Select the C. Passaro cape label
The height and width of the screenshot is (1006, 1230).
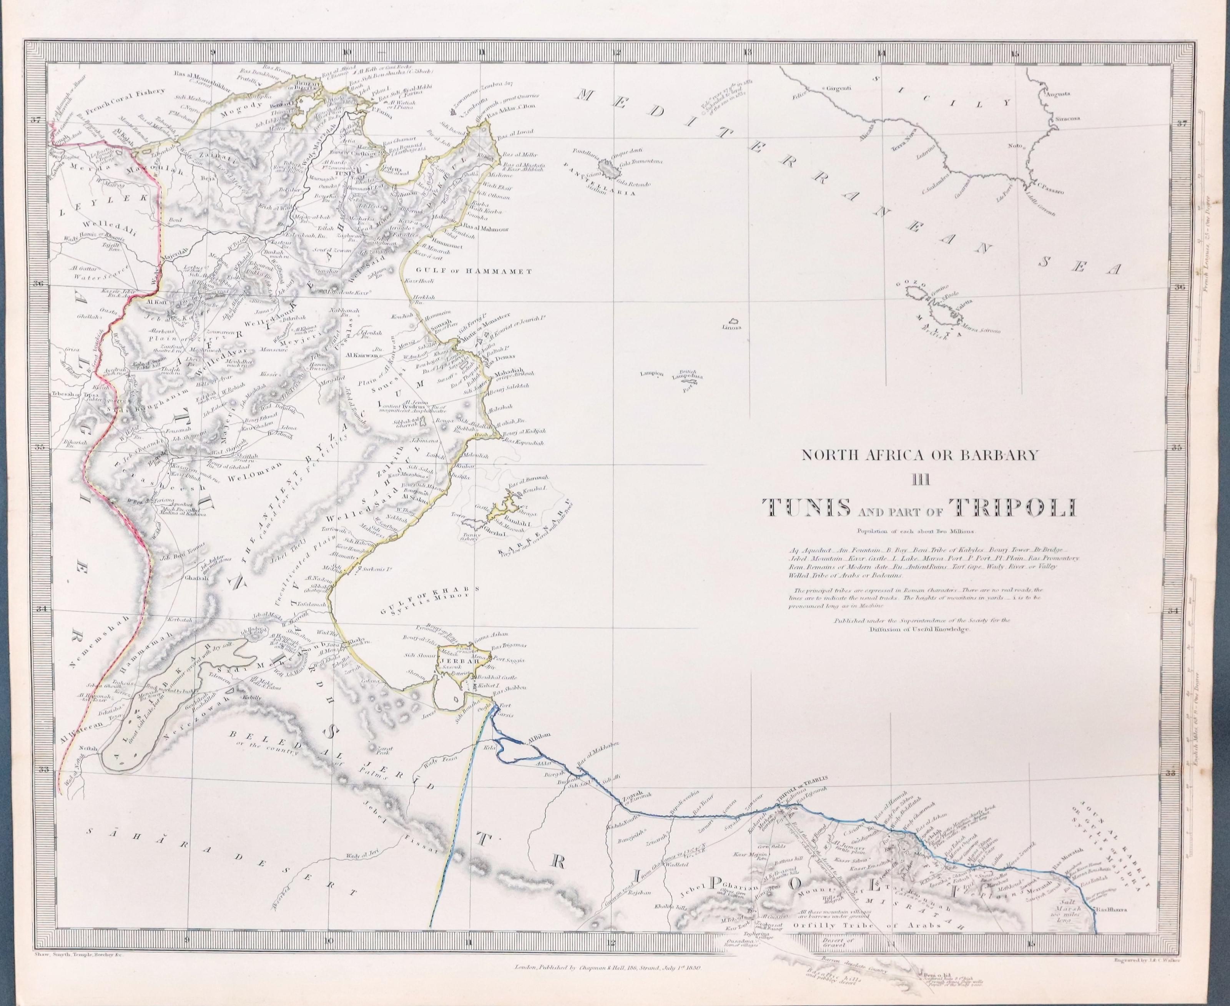click(x=1041, y=186)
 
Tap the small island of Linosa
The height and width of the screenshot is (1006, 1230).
click(x=733, y=322)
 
